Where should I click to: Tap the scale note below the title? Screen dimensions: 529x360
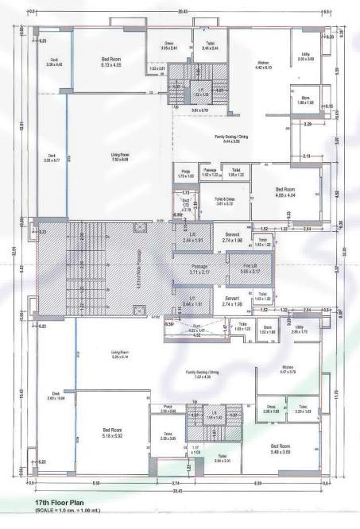[x=72, y=512]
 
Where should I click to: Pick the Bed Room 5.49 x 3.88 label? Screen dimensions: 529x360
[x=285, y=449]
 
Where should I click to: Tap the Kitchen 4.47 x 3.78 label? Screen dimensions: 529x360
[x=266, y=369]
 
